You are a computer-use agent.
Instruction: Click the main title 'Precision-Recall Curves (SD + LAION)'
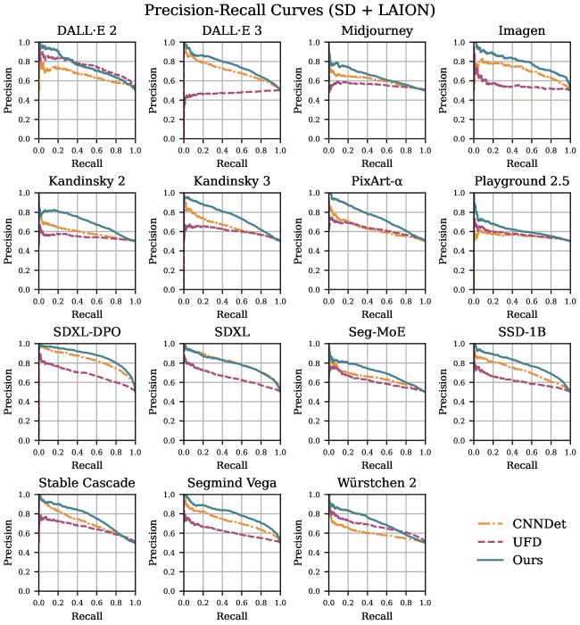(x=290, y=11)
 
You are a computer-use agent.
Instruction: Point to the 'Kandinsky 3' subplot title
(x=231, y=183)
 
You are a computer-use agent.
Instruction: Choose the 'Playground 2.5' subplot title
(x=522, y=183)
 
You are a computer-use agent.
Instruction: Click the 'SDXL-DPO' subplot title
(x=87, y=333)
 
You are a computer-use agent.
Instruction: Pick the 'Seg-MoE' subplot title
(x=377, y=333)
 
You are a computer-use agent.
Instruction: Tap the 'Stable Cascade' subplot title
(x=87, y=484)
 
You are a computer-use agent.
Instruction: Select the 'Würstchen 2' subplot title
(x=377, y=484)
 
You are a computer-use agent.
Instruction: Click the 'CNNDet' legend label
(x=541, y=524)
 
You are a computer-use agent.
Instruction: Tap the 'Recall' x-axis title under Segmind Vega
(x=231, y=616)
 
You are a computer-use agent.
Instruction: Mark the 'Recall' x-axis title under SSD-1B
(x=522, y=465)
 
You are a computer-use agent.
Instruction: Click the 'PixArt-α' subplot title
(x=377, y=183)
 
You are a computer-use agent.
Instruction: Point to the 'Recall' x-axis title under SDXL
(x=231, y=465)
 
